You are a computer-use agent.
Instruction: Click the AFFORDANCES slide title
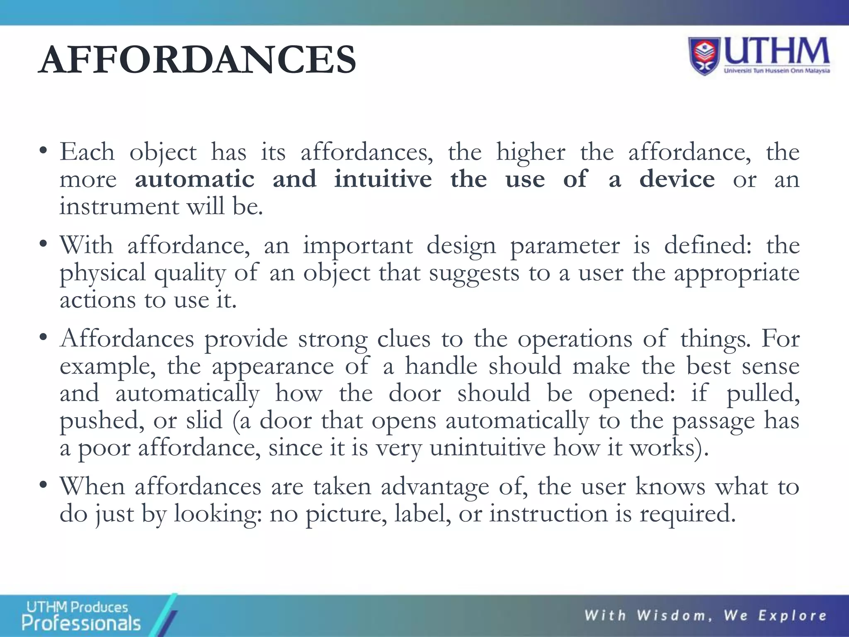pyautogui.click(x=197, y=60)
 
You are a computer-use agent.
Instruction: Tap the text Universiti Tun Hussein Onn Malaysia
pyautogui.click(x=776, y=71)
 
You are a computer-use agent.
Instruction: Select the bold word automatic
pyautogui.click(x=194, y=179)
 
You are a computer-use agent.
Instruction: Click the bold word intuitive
pyautogui.click(x=383, y=179)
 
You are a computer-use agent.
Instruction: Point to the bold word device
pyautogui.click(x=677, y=179)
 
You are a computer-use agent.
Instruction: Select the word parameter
pyautogui.click(x=564, y=246)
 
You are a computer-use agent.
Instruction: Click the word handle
pyautogui.click(x=441, y=366)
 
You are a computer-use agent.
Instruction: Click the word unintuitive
pyautogui.click(x=488, y=448)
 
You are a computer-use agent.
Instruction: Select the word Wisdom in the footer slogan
pyautogui.click(x=674, y=615)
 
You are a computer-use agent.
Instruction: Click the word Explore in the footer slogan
pyautogui.click(x=792, y=615)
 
